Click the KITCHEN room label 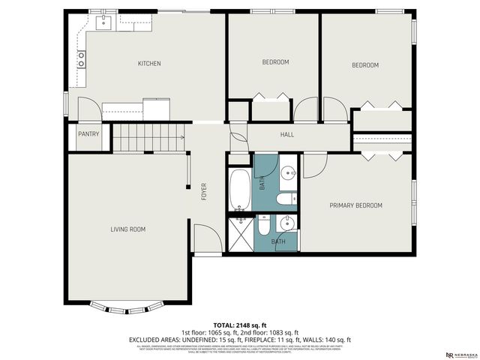click(148, 64)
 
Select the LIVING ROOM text click(127, 229)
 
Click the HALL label click(286, 134)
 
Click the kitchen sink click(103, 23)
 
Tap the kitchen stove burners click(81, 60)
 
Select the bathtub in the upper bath click(240, 190)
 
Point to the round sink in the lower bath click(286, 223)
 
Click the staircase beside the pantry click(148, 137)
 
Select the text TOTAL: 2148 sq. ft click(240, 325)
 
